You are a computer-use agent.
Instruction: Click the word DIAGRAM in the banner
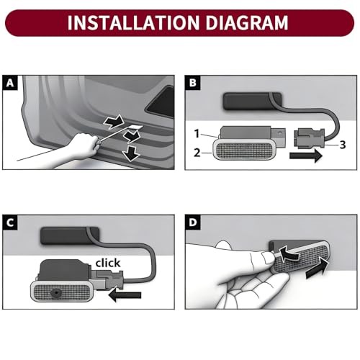247,22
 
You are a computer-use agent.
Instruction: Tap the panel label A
10,83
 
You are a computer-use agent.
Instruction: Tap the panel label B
192,83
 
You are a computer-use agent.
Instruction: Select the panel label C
10,222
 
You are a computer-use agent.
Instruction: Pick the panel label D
192,222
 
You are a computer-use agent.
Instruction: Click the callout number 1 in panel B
197,134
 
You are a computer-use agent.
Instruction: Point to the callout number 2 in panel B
197,153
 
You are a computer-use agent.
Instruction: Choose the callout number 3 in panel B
343,145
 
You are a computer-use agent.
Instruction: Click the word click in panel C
108,263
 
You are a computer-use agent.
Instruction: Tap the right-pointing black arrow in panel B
306,156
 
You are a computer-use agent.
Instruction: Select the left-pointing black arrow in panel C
125,295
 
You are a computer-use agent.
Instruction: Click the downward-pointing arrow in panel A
130,153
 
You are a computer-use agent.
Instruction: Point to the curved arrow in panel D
289,255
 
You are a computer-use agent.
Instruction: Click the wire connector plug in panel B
310,138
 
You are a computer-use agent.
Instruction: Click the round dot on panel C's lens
56,293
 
